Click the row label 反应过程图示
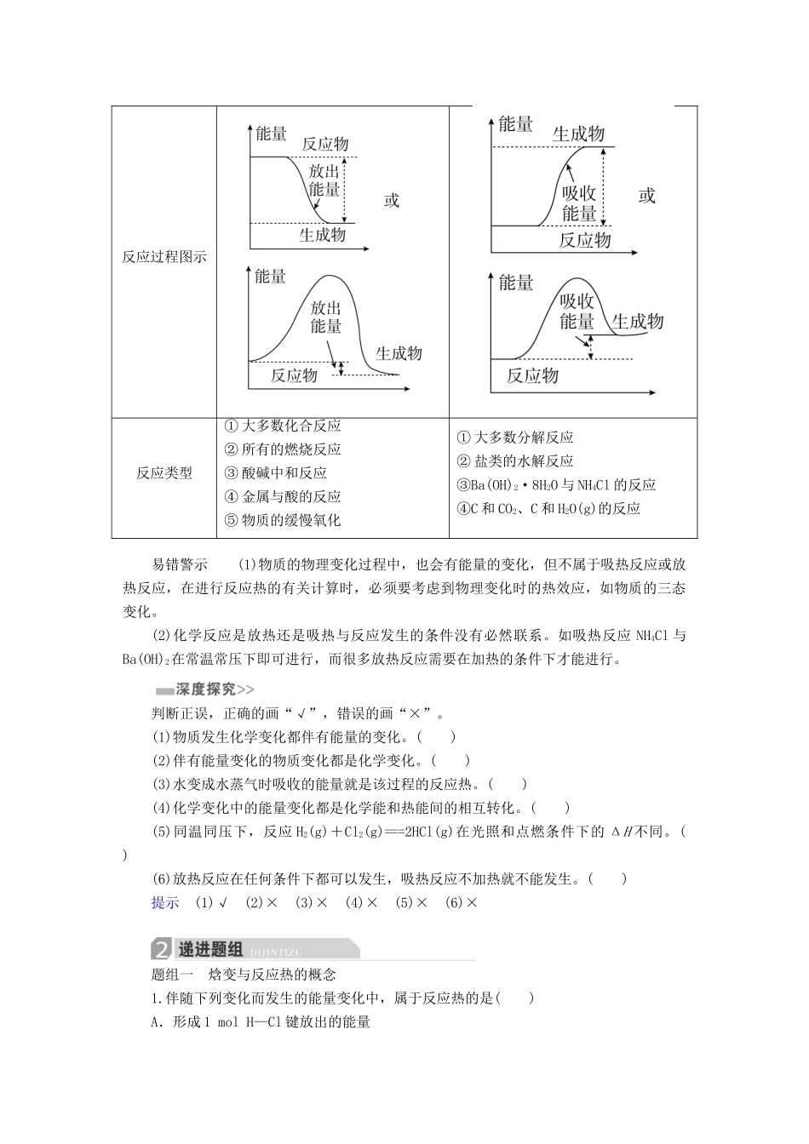click(x=164, y=257)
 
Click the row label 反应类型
click(x=164, y=473)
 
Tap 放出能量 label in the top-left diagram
click(x=324, y=180)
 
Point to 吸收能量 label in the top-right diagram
click(x=579, y=203)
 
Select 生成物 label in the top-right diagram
click(x=578, y=134)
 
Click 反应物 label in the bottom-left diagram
click(x=294, y=375)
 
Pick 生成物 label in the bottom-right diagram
click(x=638, y=322)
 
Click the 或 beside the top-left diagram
click(x=392, y=201)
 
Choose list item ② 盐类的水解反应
click(x=515, y=461)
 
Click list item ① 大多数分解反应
click(x=515, y=438)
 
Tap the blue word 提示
click(x=165, y=903)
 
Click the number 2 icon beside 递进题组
click(x=161, y=950)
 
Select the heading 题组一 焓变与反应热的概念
click(x=244, y=975)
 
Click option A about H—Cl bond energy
click(x=261, y=1022)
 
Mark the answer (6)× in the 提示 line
click(x=462, y=903)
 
